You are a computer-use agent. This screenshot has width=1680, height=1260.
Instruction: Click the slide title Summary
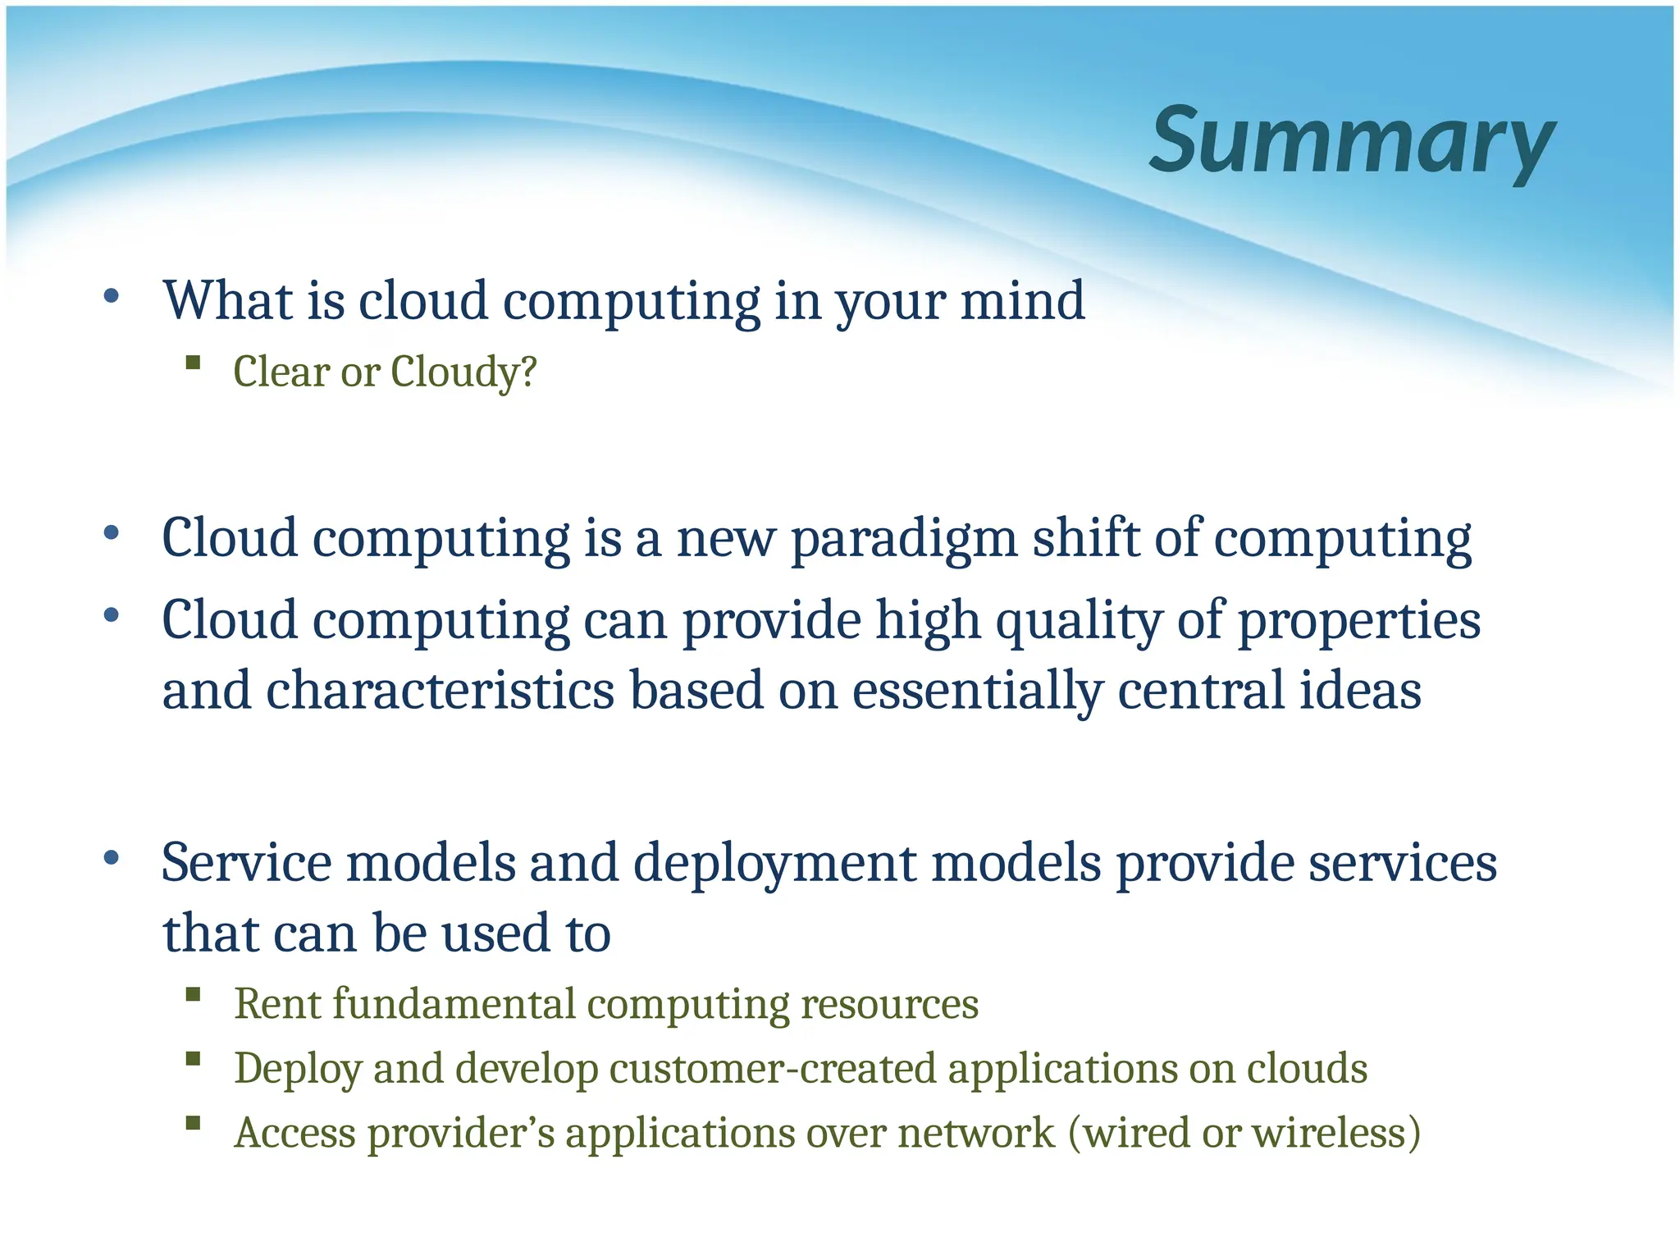pos(1351,141)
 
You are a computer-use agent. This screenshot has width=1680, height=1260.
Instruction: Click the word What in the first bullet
pos(227,301)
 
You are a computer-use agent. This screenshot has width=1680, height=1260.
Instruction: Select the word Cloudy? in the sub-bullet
pos(463,372)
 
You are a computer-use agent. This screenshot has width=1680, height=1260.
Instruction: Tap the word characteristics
pos(440,691)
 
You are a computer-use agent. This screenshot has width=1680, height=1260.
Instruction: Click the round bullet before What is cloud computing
pos(112,296)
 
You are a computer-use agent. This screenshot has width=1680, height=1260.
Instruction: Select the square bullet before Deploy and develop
pos(194,1058)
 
